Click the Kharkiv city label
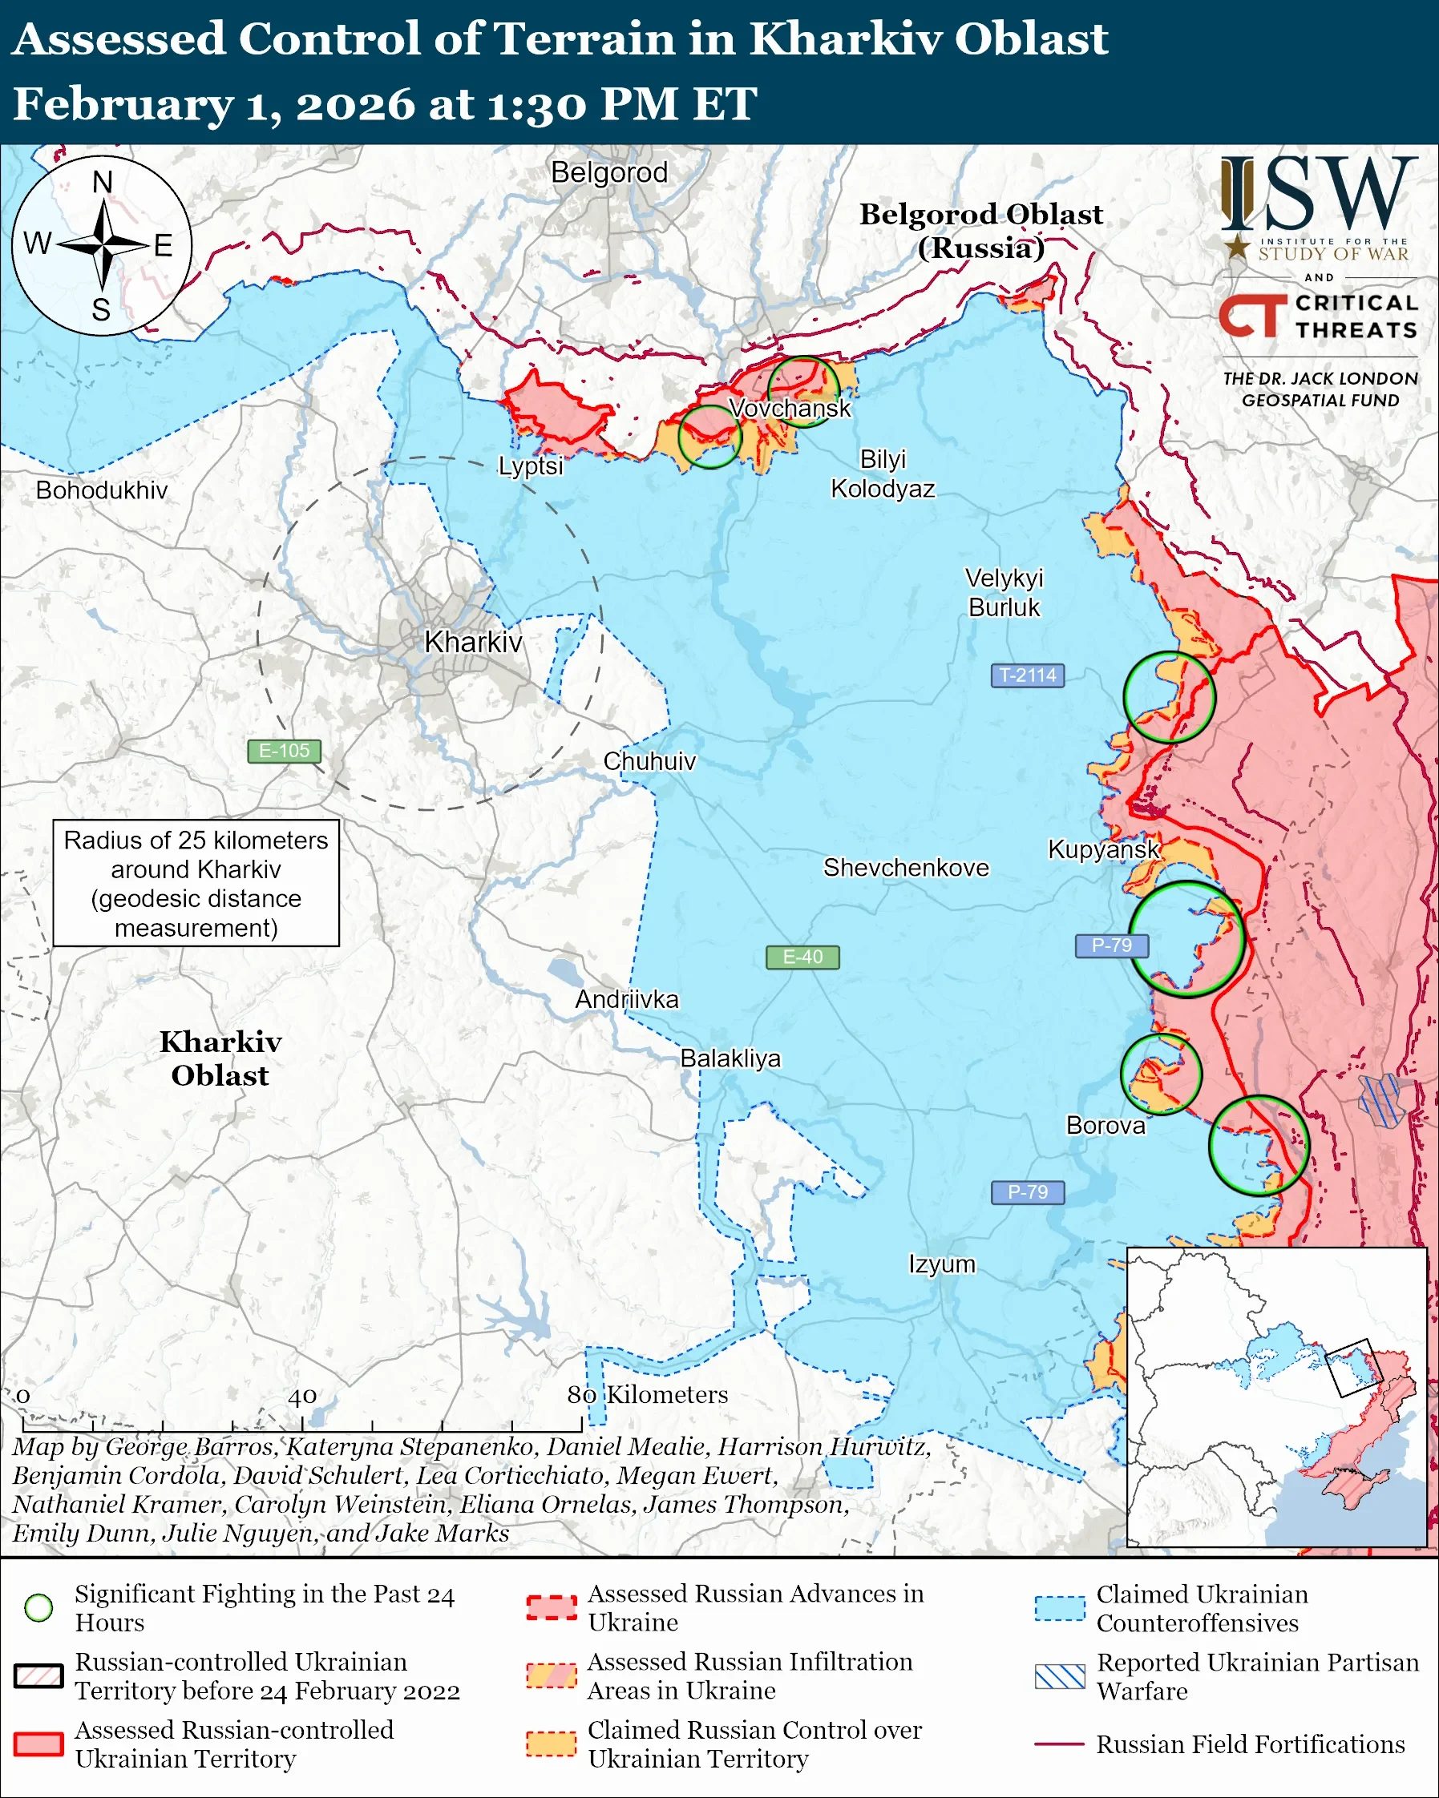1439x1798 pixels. [473, 642]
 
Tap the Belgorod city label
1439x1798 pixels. [609, 172]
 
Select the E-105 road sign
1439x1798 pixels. [284, 751]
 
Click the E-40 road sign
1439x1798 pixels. [802, 957]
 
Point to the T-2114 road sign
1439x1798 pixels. [1027, 675]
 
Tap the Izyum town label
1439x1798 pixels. [941, 1264]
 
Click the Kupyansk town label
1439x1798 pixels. [1103, 849]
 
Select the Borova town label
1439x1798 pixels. [1106, 1125]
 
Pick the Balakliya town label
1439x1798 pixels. [730, 1058]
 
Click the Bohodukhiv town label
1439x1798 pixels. [101, 490]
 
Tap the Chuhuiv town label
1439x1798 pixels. [649, 760]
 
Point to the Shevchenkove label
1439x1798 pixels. [906, 867]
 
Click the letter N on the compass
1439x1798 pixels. [102, 181]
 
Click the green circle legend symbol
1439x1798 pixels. [39, 1607]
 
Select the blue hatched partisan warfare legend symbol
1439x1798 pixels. [1060, 1676]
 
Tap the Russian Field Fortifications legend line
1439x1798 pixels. [1060, 1744]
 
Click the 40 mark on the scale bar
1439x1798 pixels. [302, 1396]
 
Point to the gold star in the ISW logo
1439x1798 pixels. [1236, 248]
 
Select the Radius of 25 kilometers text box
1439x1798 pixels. [196, 883]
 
